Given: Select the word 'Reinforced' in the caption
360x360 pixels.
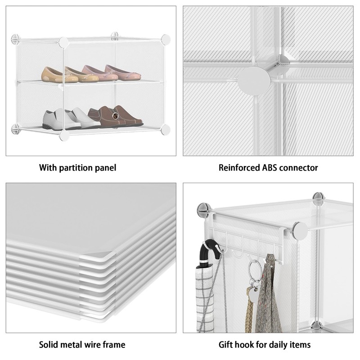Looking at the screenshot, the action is click(237, 168).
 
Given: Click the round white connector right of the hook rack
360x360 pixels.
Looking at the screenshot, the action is click(299, 231).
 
